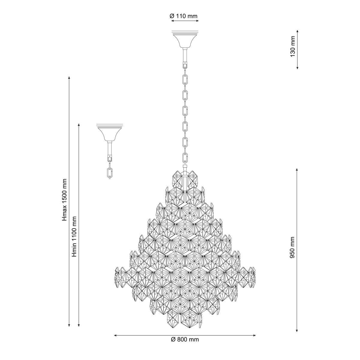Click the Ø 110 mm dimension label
pyautogui.click(x=184, y=16)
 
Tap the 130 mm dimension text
pyautogui.click(x=292, y=46)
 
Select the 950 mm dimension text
pyautogui.click(x=292, y=247)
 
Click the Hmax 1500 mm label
pyautogui.click(x=64, y=200)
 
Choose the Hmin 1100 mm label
pyautogui.click(x=74, y=236)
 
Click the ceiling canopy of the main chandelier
pyautogui.click(x=185, y=39)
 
